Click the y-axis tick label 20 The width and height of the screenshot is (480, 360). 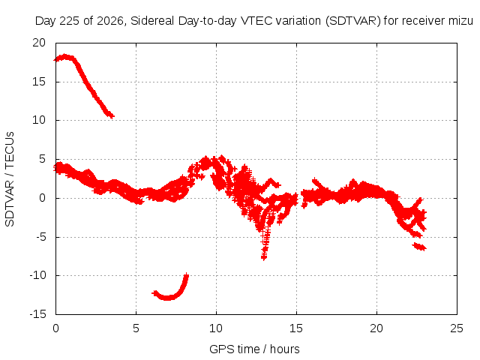pyautogui.click(x=39, y=43)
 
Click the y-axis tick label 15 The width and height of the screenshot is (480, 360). pyautogui.click(x=39, y=82)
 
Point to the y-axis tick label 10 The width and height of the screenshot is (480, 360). pyautogui.click(x=39, y=120)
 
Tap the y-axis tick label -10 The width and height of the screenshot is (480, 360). pyautogui.click(x=37, y=275)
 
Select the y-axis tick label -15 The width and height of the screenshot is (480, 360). pyautogui.click(x=37, y=314)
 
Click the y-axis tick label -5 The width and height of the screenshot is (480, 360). pyautogui.click(x=41, y=237)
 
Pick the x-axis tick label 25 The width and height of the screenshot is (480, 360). pyautogui.click(x=457, y=328)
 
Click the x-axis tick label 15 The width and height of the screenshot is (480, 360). pyautogui.click(x=296, y=328)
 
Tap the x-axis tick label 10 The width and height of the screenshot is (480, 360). pyautogui.click(x=216, y=328)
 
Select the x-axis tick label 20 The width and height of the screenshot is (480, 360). pyautogui.click(x=376, y=328)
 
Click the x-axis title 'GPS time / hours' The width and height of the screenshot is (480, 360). pyautogui.click(x=254, y=349)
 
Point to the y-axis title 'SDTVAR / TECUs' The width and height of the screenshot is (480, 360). pyautogui.click(x=10, y=179)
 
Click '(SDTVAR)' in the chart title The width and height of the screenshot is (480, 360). pyautogui.click(x=353, y=21)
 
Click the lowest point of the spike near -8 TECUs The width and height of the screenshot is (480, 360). pyautogui.click(x=264, y=258)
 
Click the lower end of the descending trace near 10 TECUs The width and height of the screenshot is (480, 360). pyautogui.click(x=112, y=116)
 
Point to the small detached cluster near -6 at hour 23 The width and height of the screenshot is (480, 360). pyautogui.click(x=419, y=247)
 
